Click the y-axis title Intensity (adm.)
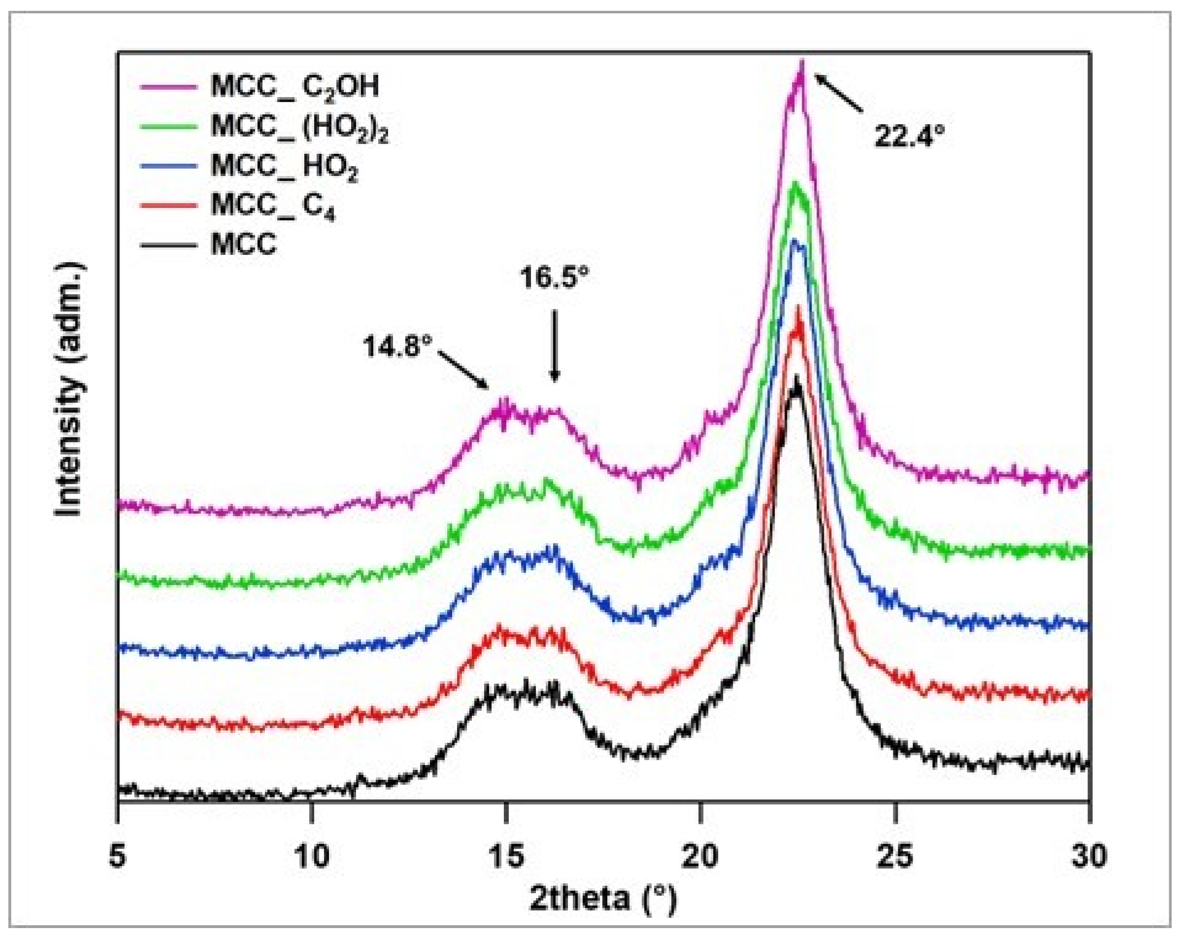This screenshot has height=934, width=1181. [70, 389]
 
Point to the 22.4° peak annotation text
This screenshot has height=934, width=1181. [909, 137]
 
